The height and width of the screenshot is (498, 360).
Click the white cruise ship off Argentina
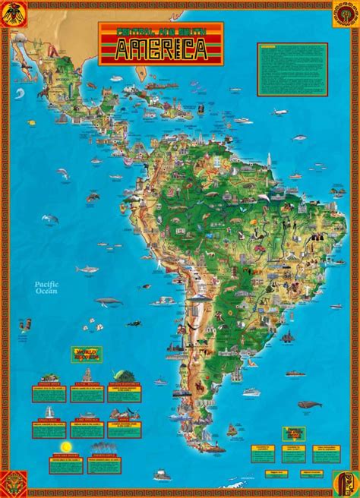pyautogui.click(x=250, y=393)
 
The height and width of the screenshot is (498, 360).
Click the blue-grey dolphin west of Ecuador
pyautogui.click(x=50, y=219)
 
